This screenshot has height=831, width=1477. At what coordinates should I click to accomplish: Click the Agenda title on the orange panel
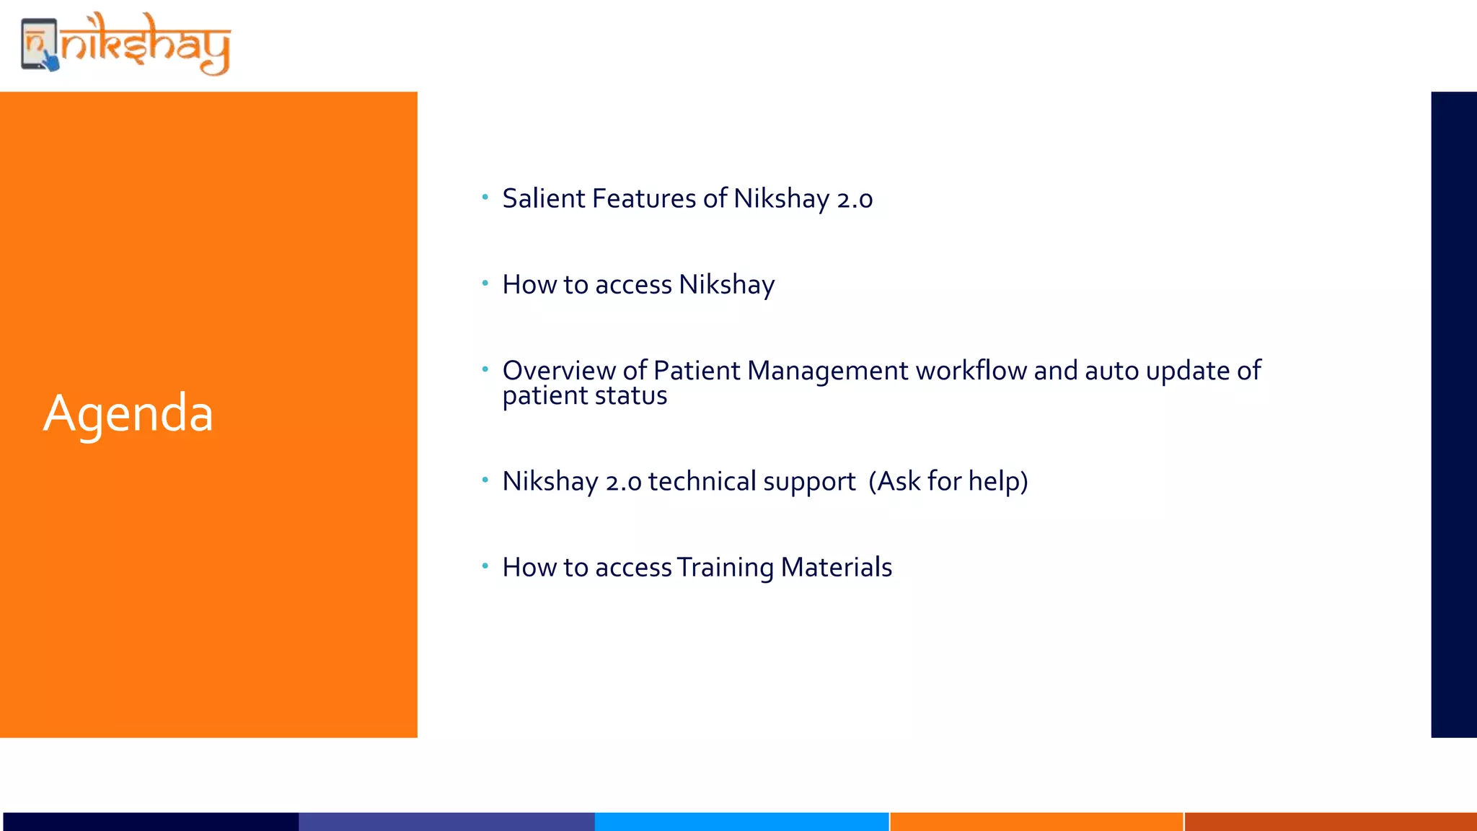128,413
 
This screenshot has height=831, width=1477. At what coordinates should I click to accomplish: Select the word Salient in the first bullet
544,198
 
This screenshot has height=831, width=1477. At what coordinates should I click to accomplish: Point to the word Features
643,198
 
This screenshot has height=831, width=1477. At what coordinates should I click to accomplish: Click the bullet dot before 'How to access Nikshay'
485,283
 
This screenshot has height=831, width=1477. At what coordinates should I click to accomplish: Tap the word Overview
559,370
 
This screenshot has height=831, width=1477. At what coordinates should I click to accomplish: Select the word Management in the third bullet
827,370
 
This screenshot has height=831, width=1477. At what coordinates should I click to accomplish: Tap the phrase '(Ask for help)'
948,481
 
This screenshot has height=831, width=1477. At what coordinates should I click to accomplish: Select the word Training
725,568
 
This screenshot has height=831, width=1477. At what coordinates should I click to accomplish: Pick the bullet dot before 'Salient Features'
485,197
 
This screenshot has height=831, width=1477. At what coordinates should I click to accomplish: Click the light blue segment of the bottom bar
741,822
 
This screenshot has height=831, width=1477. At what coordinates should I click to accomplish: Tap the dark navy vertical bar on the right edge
1454,414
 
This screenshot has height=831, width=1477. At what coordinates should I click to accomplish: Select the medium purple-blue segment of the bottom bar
446,822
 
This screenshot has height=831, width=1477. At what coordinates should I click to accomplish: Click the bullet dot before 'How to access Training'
485,566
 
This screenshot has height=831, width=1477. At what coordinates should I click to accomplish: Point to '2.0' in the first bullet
855,199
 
